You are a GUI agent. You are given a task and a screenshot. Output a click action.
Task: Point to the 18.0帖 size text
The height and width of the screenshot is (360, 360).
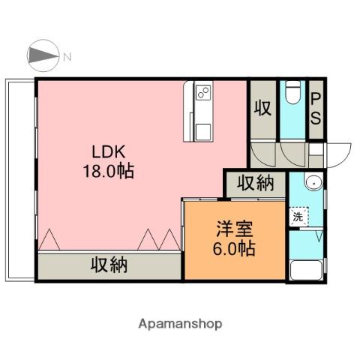tap(109, 171)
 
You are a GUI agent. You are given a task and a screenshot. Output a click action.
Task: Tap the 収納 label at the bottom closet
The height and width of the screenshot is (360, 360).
tap(109, 265)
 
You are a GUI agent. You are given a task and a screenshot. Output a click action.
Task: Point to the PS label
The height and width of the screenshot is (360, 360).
tap(316, 109)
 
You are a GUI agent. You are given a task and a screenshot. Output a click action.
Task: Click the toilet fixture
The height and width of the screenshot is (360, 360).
tap(292, 95)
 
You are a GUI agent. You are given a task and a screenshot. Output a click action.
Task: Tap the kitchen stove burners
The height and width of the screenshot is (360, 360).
tap(203, 94)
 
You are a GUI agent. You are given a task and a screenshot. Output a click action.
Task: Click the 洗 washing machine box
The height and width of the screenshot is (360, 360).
tap(297, 217)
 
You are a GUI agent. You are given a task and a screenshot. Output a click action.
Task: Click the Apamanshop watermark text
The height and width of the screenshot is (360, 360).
tap(180, 324)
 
